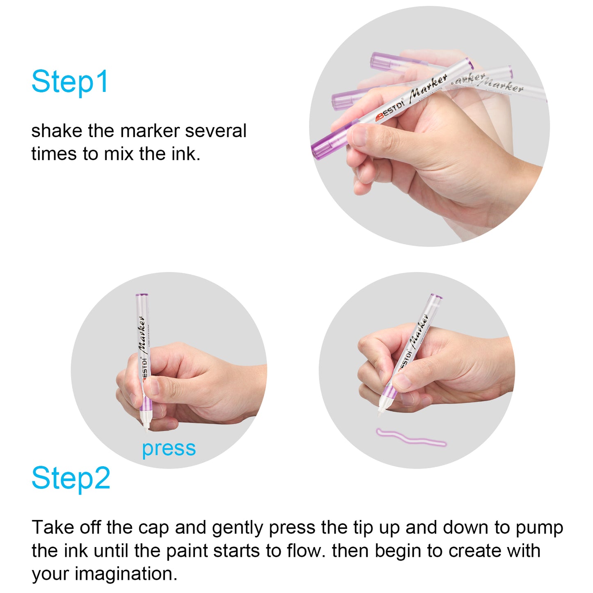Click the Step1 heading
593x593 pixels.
pos(70,81)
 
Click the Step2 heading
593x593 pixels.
pos(71,478)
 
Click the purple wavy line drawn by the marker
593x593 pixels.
pos(411,437)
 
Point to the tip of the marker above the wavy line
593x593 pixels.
pos(380,416)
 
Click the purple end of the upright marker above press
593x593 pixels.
pos(142,295)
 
